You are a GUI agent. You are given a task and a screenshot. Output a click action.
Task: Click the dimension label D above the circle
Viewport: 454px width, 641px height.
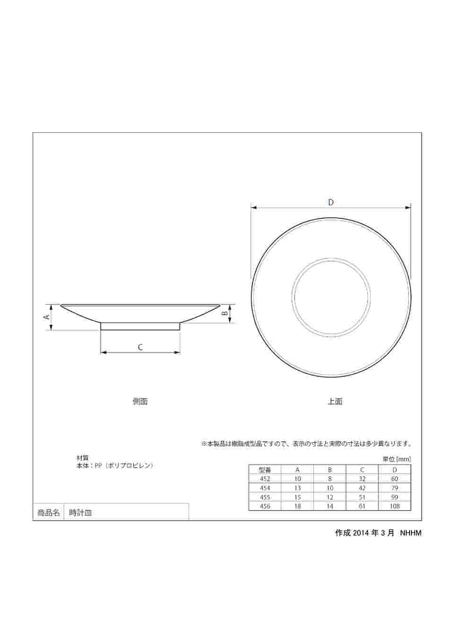pos(331,202)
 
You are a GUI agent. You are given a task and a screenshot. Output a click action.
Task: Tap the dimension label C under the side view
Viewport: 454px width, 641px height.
pos(140,347)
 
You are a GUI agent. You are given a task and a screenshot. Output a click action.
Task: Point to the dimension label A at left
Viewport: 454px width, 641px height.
pos(47,316)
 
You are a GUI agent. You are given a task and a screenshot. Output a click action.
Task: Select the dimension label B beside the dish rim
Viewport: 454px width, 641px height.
pos(225,313)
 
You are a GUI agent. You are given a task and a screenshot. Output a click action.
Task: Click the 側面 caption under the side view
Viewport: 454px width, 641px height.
pos(140,402)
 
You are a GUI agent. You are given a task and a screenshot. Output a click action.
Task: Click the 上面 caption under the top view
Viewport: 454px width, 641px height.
pos(335,402)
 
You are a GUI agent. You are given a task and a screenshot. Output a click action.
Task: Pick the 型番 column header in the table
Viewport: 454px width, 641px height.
pos(265,470)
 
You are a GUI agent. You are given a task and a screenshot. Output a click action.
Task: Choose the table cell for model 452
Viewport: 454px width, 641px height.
pos(265,479)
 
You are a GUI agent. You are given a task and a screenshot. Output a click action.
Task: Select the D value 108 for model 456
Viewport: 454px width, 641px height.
pos(394,506)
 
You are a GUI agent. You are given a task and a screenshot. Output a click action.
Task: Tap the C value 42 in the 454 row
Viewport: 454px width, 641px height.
pos(362,488)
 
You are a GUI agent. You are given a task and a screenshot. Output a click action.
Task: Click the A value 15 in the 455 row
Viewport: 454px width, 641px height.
pos(297,497)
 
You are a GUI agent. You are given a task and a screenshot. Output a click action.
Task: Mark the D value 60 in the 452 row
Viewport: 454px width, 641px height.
pos(394,479)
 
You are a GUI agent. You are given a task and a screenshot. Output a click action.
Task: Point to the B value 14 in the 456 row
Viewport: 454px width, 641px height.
pos(330,506)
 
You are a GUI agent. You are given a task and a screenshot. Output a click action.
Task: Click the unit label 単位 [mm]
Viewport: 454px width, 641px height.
pos(396,459)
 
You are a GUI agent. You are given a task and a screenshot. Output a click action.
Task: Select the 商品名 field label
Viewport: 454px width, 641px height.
pos(48,513)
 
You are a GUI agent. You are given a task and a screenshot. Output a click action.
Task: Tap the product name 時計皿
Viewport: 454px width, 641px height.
pos(80,513)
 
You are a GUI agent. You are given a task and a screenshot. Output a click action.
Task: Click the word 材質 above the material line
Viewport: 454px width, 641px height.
pos(82,458)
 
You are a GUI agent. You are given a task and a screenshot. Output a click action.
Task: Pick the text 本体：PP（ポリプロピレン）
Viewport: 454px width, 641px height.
pos(115,466)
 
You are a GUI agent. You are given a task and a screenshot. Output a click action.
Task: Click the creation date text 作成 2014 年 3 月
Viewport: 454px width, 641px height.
pos(365,533)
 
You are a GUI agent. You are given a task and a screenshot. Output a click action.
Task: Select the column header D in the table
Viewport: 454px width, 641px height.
pos(394,470)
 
